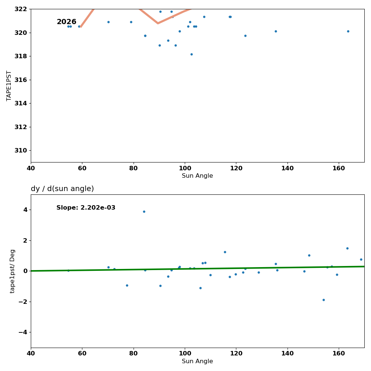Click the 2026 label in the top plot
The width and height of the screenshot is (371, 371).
coord(66,22)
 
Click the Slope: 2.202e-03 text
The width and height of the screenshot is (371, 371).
coord(86,208)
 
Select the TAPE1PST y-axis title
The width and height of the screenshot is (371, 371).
coord(9,86)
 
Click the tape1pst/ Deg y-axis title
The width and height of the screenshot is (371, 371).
coord(13,271)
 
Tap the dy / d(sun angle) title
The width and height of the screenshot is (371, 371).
coord(62,189)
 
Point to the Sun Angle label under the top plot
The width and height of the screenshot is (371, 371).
coord(197,176)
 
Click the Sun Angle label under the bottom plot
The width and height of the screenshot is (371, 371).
coord(197,361)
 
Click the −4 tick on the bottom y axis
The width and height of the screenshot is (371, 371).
coord(23,332)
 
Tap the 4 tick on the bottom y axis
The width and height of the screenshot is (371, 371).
coord(25,210)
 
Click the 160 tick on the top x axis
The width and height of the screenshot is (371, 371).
coord(339,168)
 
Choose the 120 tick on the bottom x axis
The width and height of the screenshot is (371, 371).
coord(236,354)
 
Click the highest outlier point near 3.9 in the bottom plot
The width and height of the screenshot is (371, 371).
coord(144,211)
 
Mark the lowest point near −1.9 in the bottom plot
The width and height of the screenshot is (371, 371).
coord(324,300)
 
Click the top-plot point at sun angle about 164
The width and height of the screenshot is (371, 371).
coord(348,31)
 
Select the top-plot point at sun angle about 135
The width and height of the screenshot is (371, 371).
coord(276,31)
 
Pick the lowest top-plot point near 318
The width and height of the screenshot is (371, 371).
coord(191,54)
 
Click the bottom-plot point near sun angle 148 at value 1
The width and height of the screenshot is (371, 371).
coord(309,255)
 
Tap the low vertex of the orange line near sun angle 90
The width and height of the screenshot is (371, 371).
coord(158,23)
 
